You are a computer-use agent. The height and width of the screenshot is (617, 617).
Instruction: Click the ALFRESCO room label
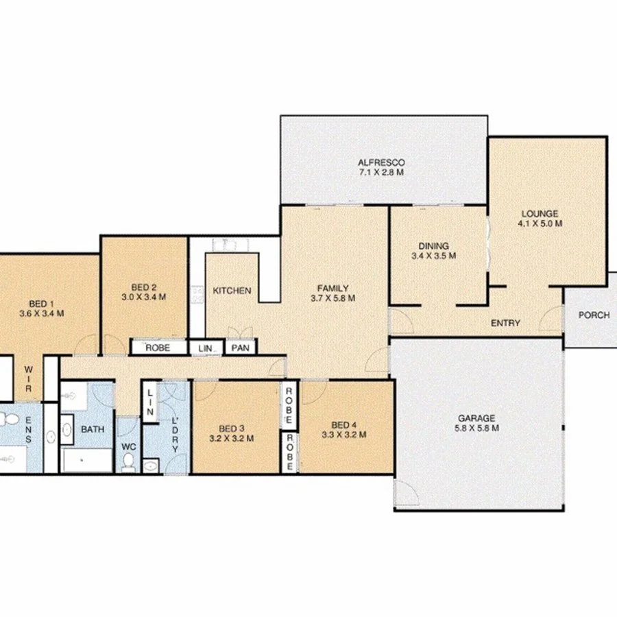coord(381,162)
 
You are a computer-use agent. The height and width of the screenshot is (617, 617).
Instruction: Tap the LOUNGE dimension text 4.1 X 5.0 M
coord(540,223)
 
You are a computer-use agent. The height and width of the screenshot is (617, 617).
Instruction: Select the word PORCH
coord(594,315)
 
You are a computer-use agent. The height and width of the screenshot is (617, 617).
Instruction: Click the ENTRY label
coord(506,323)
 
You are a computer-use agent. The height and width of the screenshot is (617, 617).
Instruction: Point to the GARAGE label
coord(476,418)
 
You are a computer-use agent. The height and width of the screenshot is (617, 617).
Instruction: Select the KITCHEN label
coord(232,291)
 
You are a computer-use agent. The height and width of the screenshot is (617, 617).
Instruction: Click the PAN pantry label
coord(240,348)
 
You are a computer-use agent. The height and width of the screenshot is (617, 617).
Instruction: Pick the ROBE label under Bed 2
coord(158,348)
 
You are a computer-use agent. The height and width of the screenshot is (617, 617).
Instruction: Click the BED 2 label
coord(144,287)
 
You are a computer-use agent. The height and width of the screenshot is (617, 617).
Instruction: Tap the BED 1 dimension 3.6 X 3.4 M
coord(42,314)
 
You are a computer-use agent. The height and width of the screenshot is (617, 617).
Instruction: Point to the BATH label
coord(93,429)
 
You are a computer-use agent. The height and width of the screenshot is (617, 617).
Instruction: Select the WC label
coord(129,446)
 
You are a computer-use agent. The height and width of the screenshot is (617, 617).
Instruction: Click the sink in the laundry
coord(152,465)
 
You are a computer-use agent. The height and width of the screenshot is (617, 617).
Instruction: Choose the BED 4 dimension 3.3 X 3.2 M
coord(344,435)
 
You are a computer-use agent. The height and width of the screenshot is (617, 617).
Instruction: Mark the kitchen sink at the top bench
coord(225,244)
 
